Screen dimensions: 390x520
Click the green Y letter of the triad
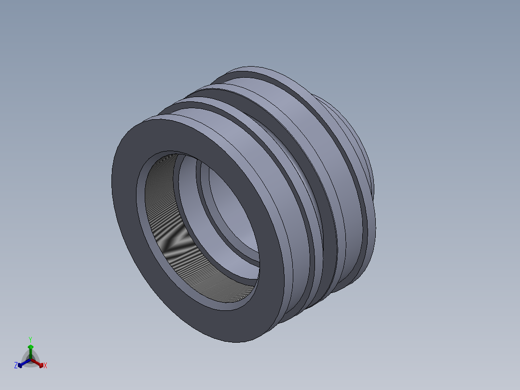pyautogui.click(x=30, y=339)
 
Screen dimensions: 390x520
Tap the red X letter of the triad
pyautogui.click(x=45, y=366)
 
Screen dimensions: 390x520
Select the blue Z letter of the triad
pyautogui.click(x=16, y=366)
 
